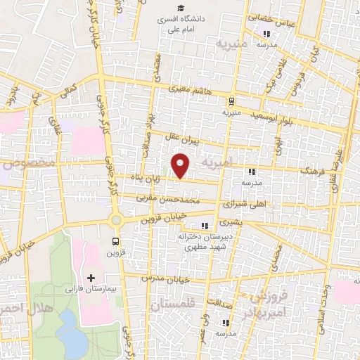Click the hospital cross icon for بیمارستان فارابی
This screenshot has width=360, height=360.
click(x=91, y=278)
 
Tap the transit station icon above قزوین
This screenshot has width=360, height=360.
click(x=112, y=241)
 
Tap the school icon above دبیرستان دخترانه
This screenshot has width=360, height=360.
click(x=205, y=226)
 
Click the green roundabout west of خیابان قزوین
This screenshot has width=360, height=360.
click(x=115, y=220)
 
